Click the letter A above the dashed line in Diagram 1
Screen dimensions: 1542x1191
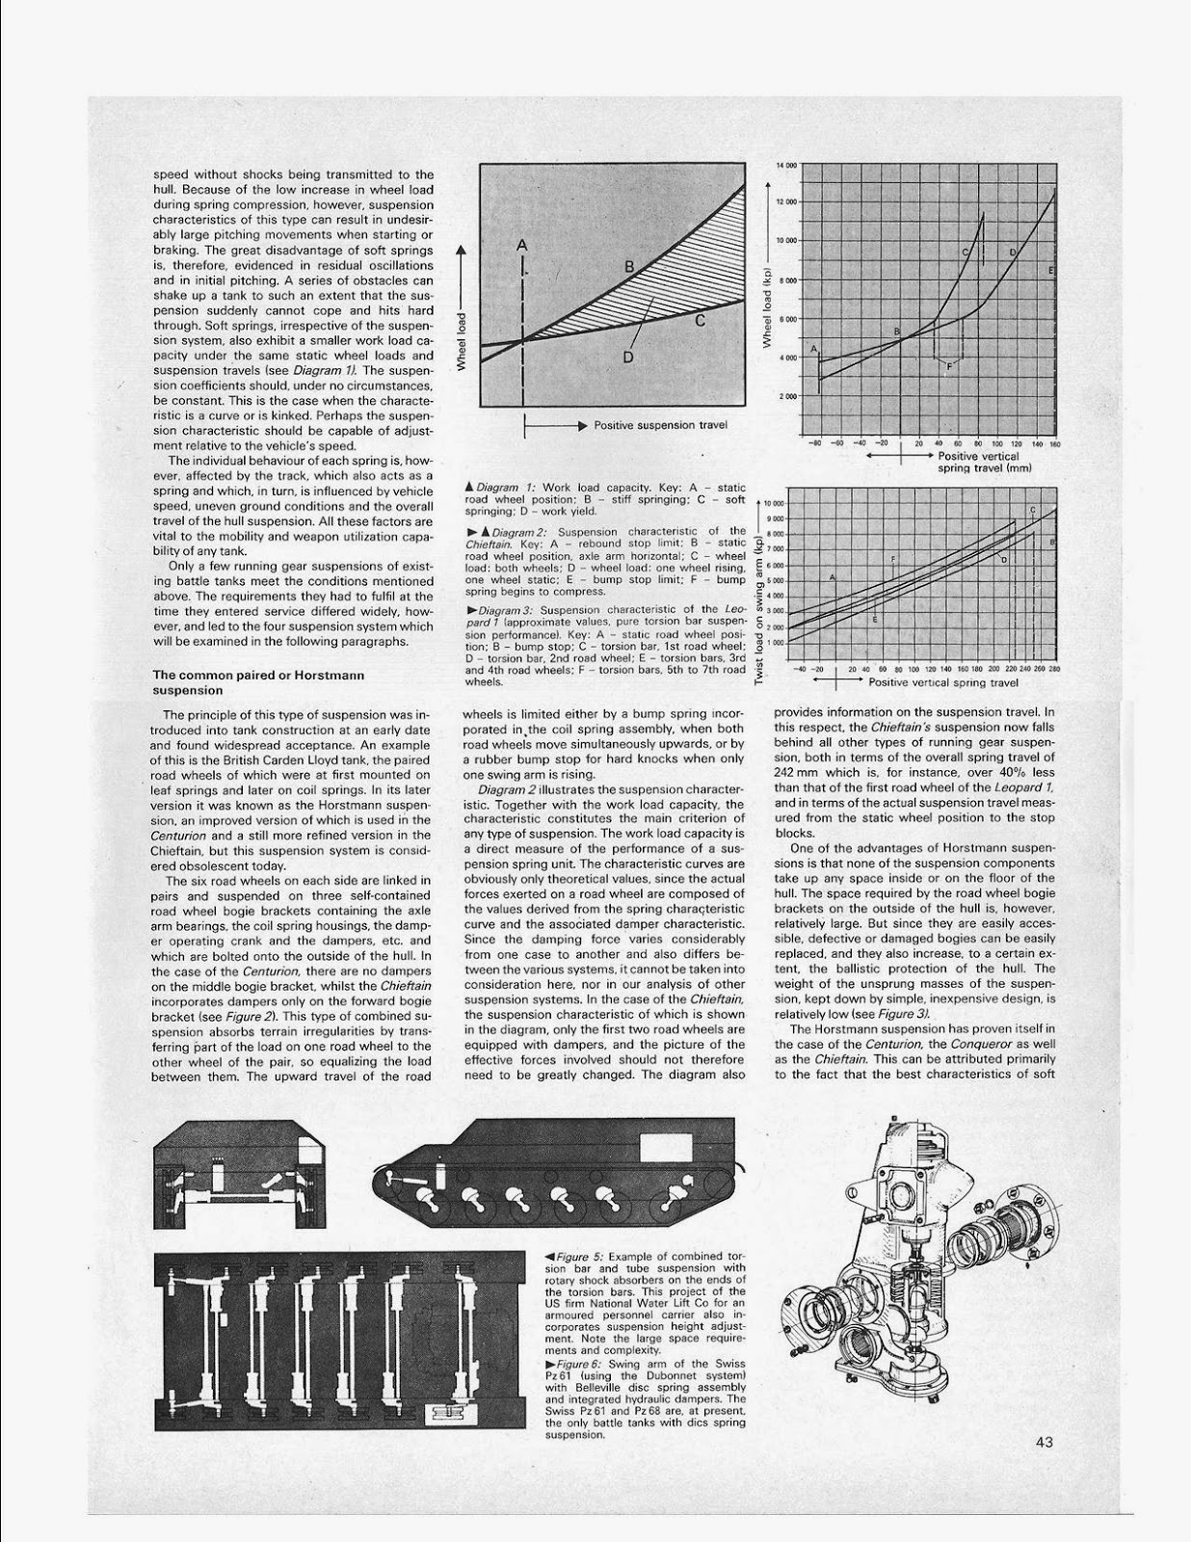[x=522, y=246]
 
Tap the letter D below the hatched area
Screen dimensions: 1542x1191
[x=628, y=357]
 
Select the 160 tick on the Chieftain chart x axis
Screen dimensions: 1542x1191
[x=1055, y=444]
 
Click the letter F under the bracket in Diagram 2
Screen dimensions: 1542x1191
[x=950, y=366]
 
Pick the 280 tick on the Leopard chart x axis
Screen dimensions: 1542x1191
[x=1054, y=668]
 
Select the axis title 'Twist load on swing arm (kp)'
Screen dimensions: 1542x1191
[x=760, y=597]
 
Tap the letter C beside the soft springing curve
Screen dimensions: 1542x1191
[x=701, y=321]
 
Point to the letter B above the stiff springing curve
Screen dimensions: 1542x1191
[x=628, y=266]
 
